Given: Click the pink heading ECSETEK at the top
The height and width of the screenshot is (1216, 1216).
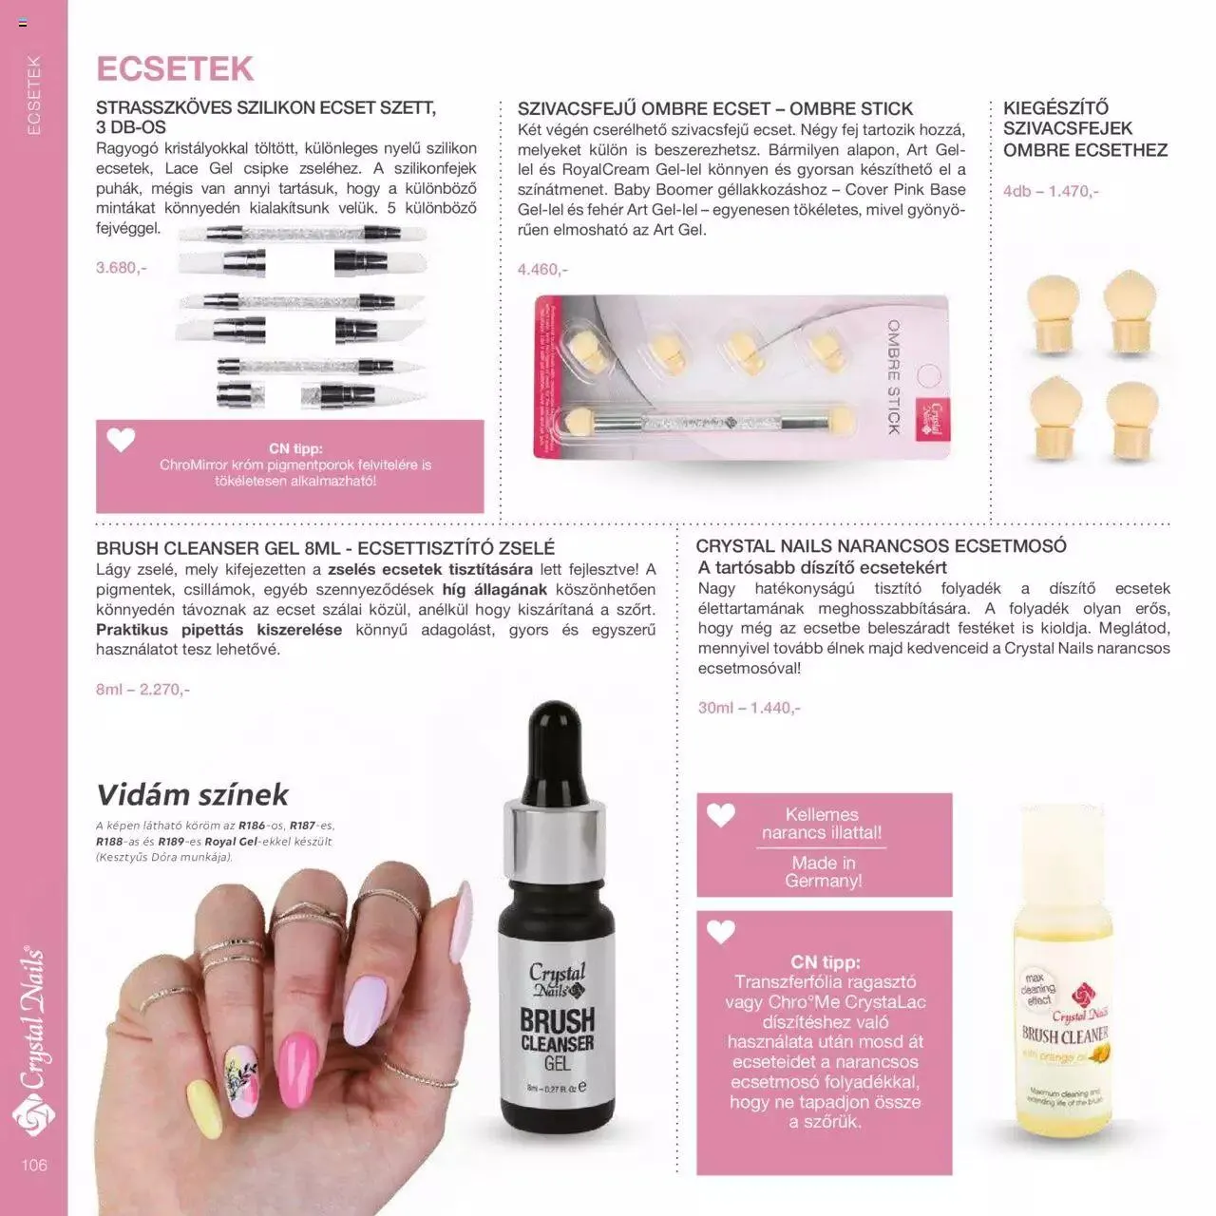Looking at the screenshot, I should (175, 69).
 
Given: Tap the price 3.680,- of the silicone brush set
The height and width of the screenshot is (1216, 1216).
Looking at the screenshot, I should (122, 267).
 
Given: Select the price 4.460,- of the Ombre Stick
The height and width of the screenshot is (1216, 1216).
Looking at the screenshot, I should (542, 269).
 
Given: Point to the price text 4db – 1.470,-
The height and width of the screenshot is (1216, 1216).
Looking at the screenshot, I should (1051, 191).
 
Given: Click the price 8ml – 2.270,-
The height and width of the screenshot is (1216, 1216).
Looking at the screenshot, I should (142, 689).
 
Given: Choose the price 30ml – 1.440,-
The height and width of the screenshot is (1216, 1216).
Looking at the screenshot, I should (749, 708).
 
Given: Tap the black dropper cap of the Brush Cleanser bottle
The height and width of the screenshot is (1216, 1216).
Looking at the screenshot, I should (553, 750).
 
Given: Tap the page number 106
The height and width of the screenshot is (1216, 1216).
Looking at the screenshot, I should (33, 1165).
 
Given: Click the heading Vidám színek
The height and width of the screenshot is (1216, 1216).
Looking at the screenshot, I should (192, 794).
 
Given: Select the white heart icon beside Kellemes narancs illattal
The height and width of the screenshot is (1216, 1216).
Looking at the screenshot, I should (721, 814).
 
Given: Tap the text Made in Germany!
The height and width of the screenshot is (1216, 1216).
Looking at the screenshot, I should (823, 871).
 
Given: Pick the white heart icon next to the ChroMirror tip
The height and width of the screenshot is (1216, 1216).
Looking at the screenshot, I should (121, 440).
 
